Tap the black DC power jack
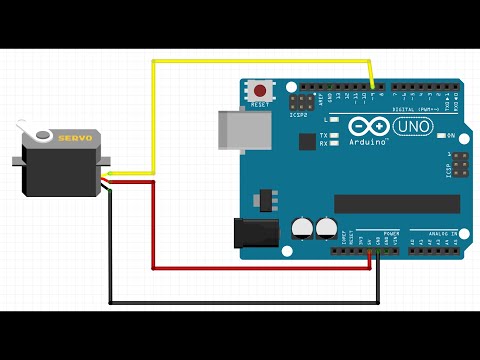[x=251, y=232]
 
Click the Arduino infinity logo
[x=366, y=128]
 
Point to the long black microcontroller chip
[x=397, y=203]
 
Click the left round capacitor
[x=302, y=227]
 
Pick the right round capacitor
[x=325, y=227]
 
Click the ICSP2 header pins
[x=300, y=103]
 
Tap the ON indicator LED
[x=439, y=136]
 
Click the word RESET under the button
[x=261, y=104]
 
